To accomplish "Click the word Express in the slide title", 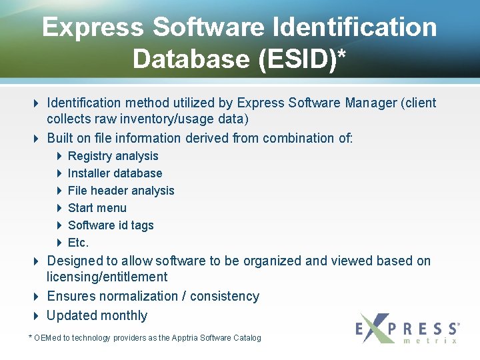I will pos(93,27).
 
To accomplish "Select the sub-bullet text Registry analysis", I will pos(113,156).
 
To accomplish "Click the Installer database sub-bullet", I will pos(115,173).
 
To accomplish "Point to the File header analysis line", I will pos(121,191).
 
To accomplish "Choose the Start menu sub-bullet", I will pos(97,208).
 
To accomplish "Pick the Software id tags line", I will pos(111,225).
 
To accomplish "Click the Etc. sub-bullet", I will pos(78,243).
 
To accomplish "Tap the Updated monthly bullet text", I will pos(97,315).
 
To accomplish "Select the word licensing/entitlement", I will pos(107,277).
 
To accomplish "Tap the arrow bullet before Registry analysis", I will pos(59,156).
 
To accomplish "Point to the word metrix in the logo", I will pos(431,341).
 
